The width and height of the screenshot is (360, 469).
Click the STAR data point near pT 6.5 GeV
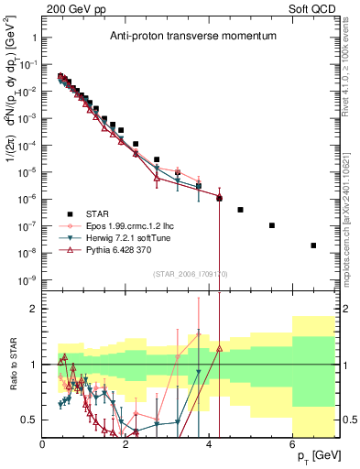[313, 245]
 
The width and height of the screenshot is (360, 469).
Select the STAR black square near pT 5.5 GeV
[272, 225]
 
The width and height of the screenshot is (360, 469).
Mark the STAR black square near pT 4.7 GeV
[240, 210]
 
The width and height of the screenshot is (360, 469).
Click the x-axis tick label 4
[210, 446]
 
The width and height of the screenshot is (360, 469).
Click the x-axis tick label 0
[43, 446]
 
